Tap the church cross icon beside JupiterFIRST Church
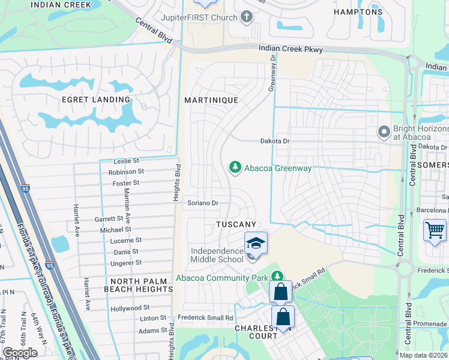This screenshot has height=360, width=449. click(x=246, y=17)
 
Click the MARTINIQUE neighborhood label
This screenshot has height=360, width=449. click(x=211, y=100)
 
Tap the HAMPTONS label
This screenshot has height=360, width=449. click(x=358, y=11)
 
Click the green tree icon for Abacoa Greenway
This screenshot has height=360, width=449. click(x=235, y=167)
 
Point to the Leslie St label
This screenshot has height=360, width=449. click(x=127, y=161)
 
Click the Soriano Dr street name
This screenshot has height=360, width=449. click(x=202, y=203)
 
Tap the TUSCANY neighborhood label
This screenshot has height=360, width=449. click(x=237, y=224)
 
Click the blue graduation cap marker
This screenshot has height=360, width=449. click(x=256, y=244)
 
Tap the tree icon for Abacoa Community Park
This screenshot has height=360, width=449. click(x=277, y=276)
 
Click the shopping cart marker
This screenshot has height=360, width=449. click(x=435, y=230)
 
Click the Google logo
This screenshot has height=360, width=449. click(x=20, y=353)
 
